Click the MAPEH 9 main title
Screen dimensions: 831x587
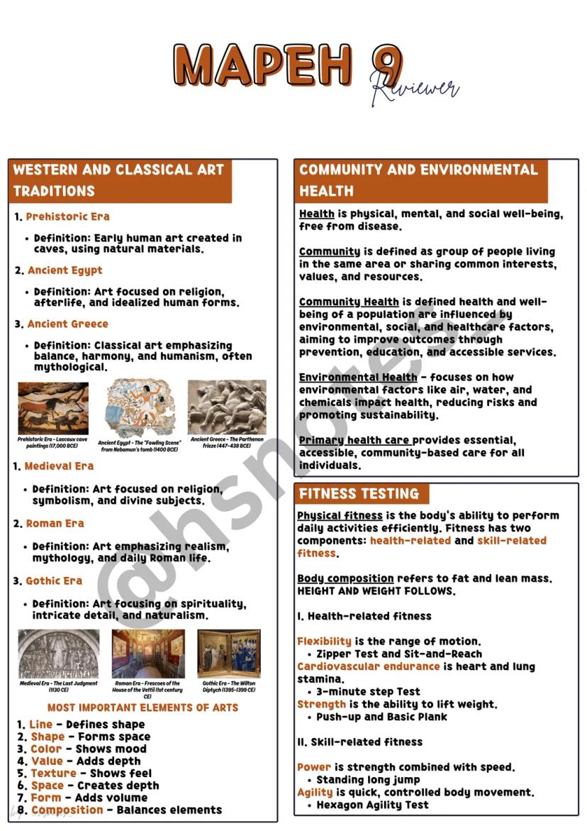point(284,65)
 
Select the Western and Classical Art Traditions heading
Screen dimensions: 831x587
point(119,180)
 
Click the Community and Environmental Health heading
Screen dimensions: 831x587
point(419,180)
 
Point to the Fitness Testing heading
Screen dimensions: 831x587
point(359,494)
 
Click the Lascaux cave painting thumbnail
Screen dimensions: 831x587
point(53,408)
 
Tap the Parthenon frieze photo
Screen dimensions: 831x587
point(227,407)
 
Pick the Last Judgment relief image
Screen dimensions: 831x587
point(58,654)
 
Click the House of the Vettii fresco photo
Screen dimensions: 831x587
point(148,654)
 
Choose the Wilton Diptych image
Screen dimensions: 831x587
point(228,654)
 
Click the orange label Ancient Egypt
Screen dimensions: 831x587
point(65,270)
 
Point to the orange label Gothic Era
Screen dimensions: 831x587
point(54,581)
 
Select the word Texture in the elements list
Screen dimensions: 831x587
point(53,774)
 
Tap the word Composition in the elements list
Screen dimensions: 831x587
point(67,810)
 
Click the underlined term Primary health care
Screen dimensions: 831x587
point(354,441)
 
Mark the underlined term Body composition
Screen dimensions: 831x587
point(345,579)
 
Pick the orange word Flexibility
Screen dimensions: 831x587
point(325,642)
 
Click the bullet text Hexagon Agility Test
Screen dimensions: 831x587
point(372,805)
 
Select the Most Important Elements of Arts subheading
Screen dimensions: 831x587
point(142,708)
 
